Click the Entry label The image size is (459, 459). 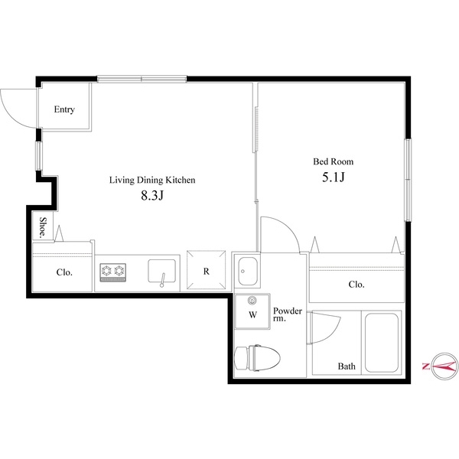point(64,109)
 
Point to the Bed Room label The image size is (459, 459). point(333,161)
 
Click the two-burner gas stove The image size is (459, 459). point(112,270)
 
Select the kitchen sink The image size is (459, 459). point(161,271)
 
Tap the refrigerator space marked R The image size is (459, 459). point(207,271)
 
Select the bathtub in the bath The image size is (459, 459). point(380,342)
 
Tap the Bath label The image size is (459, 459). point(347,366)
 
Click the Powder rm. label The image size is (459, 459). point(288,314)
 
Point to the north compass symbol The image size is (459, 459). point(441,366)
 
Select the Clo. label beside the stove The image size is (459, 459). point(64,272)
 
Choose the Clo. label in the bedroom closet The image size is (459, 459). point(356,284)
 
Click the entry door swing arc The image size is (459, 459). point(15,107)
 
